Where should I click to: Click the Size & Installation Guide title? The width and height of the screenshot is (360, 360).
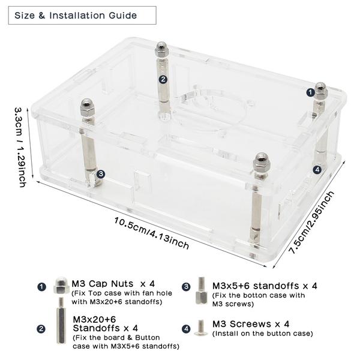coord(76,16)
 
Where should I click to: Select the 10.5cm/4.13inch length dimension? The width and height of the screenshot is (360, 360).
coord(152,233)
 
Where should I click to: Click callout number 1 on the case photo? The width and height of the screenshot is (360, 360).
coord(310,93)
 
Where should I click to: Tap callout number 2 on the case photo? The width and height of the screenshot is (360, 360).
coord(163,79)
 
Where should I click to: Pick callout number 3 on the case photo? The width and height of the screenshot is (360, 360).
coord(101,174)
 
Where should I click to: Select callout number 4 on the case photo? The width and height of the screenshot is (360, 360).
coord(317,170)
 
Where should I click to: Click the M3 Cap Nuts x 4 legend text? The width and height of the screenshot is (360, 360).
coord(113,284)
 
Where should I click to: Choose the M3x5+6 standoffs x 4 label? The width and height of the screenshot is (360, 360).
coord(265,286)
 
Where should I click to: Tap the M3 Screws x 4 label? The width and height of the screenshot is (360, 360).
coord(251,324)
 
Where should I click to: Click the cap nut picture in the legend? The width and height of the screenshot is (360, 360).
coord(62,286)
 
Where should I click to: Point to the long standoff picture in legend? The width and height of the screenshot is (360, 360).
coord(61,320)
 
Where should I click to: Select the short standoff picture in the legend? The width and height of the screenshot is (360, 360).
coord(202,290)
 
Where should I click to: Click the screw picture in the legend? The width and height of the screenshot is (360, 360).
coord(200,328)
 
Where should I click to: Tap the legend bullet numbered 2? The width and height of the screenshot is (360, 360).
coord(41,329)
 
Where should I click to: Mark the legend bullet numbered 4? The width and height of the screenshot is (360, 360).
coord(186,329)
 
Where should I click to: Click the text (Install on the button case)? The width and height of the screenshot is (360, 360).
coord(263,334)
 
